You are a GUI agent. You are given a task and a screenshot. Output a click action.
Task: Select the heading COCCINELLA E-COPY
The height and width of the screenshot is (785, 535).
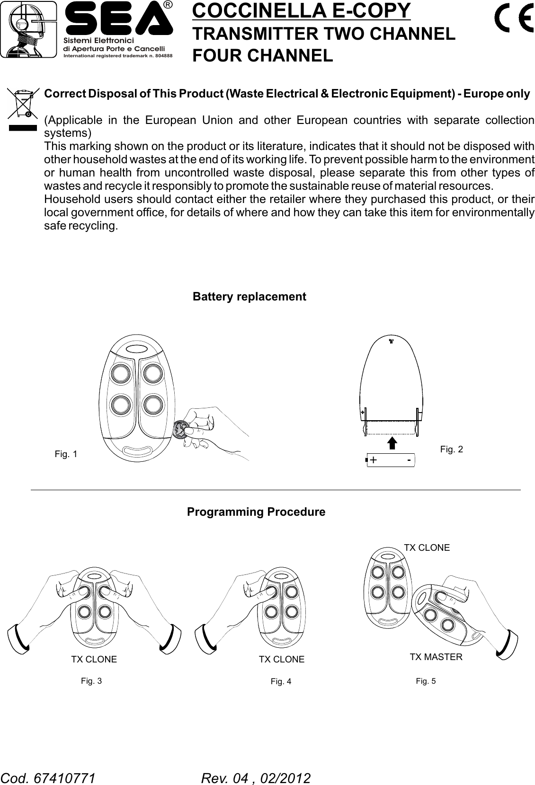click(x=301, y=11)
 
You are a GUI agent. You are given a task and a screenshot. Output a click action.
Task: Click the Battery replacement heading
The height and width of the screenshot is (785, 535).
click(x=249, y=297)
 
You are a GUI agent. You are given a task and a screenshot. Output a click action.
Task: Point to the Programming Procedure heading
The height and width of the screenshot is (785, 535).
click(x=256, y=512)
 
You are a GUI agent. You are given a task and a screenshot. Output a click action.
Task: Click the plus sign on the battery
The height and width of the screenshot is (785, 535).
click(x=374, y=460)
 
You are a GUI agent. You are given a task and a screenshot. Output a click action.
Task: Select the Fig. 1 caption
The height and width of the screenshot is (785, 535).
click(x=66, y=454)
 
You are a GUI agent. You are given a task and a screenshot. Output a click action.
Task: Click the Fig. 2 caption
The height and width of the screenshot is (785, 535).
click(x=451, y=449)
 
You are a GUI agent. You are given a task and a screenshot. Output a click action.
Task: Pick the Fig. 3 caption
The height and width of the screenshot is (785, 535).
click(x=91, y=681)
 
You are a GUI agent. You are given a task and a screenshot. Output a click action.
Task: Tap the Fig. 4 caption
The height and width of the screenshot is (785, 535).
click(x=281, y=681)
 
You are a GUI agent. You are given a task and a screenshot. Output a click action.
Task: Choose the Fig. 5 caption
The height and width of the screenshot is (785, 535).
click(x=426, y=681)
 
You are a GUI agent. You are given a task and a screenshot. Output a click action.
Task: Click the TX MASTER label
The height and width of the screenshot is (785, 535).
click(x=436, y=657)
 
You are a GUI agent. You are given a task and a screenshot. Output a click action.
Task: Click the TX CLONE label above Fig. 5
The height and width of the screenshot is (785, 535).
click(x=427, y=547)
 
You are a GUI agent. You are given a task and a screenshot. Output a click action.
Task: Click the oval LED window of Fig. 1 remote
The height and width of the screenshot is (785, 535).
click(x=137, y=349)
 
